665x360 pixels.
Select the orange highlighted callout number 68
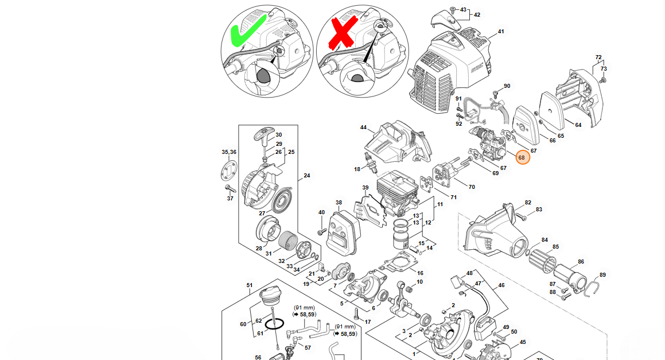(x=522, y=157)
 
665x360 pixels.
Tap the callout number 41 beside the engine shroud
(x=500, y=31)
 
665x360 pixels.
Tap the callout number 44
(x=363, y=127)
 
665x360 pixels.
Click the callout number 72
(x=598, y=57)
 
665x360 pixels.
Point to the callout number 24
(x=306, y=176)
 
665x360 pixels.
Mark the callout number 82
(x=528, y=203)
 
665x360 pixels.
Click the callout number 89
(x=602, y=274)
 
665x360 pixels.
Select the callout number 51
(x=250, y=285)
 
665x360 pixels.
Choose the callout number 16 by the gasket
(x=420, y=273)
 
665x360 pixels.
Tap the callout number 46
(x=501, y=285)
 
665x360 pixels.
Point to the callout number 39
(x=365, y=188)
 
